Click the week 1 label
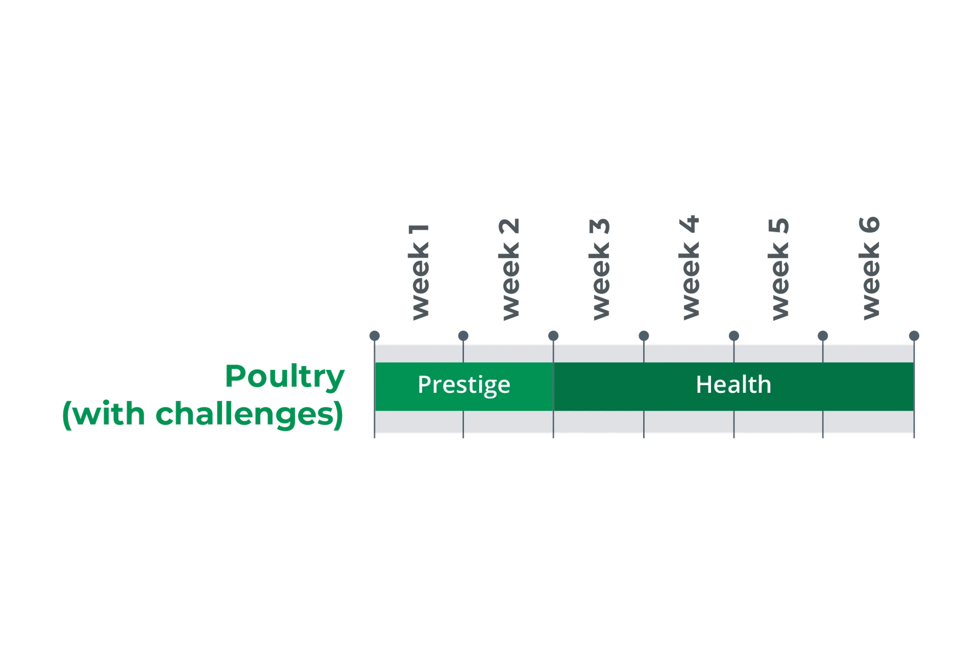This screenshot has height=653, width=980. [x=420, y=271]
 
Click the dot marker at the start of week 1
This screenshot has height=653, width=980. [x=375, y=335]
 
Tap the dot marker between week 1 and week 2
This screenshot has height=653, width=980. [x=463, y=335]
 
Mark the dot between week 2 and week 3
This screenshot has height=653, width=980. [x=553, y=335]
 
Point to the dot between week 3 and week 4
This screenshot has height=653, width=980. [x=644, y=335]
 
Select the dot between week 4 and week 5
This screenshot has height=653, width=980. [x=734, y=335]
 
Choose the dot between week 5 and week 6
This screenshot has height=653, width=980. [x=823, y=335]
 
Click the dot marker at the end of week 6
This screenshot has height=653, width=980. [x=914, y=335]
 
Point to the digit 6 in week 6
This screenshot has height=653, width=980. [x=869, y=225]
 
